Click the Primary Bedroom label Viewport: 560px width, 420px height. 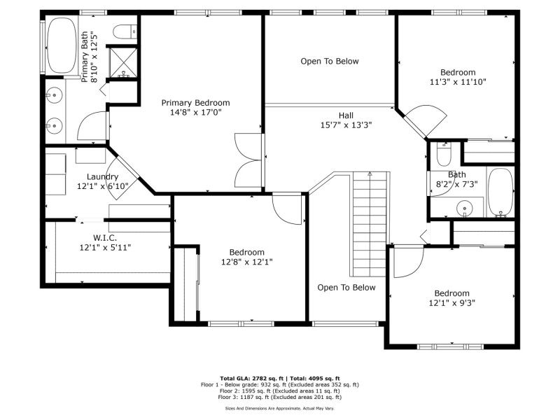pos(195,103)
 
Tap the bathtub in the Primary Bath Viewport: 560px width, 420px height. pos(62,45)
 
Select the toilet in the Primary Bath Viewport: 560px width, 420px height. pos(125,31)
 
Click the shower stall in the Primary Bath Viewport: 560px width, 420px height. pos(123,62)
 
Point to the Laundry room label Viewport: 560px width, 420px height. pos(102,177)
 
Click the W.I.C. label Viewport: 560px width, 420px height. pos(105,237)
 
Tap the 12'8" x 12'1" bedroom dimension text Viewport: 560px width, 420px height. pos(247,262)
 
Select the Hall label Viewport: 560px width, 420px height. pos(346,115)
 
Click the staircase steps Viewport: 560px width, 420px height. pos(370,224)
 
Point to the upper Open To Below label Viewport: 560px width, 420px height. pos(329,61)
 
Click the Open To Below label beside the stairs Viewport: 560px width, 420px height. pos(346,288)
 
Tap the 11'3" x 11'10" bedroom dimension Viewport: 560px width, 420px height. pos(458,82)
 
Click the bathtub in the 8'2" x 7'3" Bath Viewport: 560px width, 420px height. pos(500,192)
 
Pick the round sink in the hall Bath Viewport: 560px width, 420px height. pos(464,208)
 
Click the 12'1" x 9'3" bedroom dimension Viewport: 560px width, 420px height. pos(451,303)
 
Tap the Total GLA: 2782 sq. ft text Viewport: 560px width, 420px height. pos(251,378)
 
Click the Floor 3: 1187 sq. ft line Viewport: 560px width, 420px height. pos(279,397)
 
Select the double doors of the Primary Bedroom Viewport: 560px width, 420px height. pos(248,160)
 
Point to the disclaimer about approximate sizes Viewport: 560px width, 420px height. pos(279,408)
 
